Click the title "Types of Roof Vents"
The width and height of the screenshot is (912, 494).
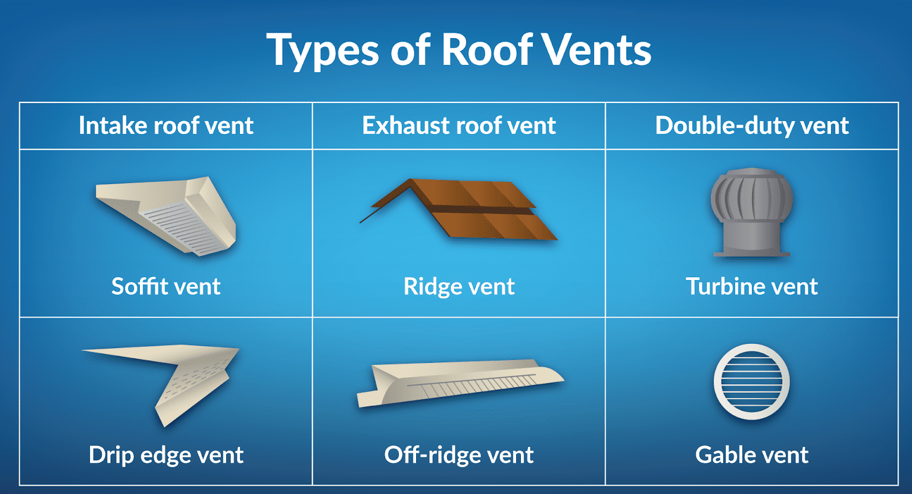(x=459, y=50)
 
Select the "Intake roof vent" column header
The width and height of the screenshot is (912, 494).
(x=166, y=125)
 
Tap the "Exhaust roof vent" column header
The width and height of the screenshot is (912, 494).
(x=459, y=125)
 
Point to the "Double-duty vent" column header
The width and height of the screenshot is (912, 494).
(x=752, y=125)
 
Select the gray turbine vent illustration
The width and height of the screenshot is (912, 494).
(x=752, y=212)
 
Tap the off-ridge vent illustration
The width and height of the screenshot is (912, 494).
(x=460, y=383)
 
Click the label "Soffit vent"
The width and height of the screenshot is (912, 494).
(x=166, y=286)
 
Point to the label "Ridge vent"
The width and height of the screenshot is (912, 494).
(x=459, y=286)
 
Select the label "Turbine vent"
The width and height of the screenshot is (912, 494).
(x=752, y=286)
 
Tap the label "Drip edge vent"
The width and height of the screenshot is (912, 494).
(x=166, y=455)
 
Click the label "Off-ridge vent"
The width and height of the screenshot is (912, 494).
(x=459, y=455)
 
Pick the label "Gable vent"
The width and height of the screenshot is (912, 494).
(x=752, y=455)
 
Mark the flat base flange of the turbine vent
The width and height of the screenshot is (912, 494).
(x=752, y=254)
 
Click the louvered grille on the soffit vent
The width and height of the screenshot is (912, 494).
(x=184, y=228)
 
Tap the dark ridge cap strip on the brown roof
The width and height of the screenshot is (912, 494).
(x=482, y=210)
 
